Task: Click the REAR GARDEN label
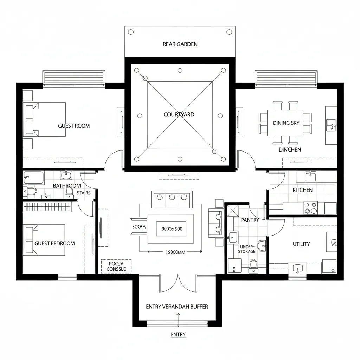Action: coord(180,44)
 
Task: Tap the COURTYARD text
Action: coord(179,114)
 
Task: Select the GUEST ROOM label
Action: coord(74,126)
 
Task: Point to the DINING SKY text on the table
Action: coord(286,123)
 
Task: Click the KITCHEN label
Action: coord(302,190)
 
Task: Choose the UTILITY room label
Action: coord(301,244)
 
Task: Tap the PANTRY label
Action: coord(250,220)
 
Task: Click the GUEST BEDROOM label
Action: coord(54,243)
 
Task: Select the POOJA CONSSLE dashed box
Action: coord(116,266)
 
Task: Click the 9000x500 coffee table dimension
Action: coord(172,229)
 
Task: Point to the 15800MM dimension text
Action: coord(175,252)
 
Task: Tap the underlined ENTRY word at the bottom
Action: coord(178,335)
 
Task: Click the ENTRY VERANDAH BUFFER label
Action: coord(177,307)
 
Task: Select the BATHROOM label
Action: coord(67,186)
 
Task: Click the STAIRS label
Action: coord(84,193)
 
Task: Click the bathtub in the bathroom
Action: coord(34,178)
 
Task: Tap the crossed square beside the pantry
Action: coord(232,211)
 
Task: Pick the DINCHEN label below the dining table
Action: coord(290,149)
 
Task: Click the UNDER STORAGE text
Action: coord(247,249)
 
